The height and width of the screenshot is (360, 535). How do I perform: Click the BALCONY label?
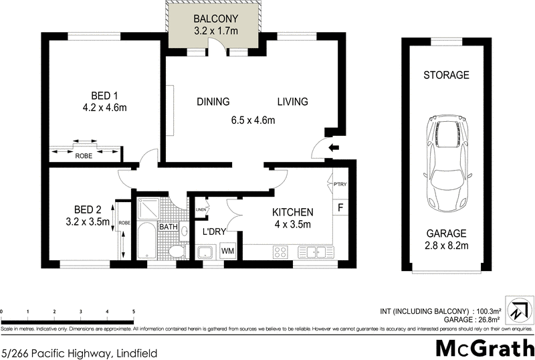pyautogui.click(x=215, y=18)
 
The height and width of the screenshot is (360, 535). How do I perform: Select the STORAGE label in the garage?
pyautogui.click(x=446, y=75)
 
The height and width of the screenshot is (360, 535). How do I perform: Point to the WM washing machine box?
pyautogui.click(x=227, y=251)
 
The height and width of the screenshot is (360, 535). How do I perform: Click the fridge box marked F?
pyautogui.click(x=340, y=207)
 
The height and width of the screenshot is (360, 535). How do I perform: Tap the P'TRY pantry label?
pyautogui.click(x=340, y=185)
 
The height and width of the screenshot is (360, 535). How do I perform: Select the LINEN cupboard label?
pyautogui.click(x=201, y=210)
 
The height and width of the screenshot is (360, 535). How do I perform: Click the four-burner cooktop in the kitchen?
pyautogui.click(x=280, y=252)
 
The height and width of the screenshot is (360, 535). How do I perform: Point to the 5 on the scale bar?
pyautogui.click(x=134, y=312)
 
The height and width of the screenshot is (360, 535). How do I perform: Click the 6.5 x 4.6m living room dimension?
pyautogui.click(x=253, y=120)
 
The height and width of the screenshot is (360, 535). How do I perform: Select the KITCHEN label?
pyautogui.click(x=292, y=212)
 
